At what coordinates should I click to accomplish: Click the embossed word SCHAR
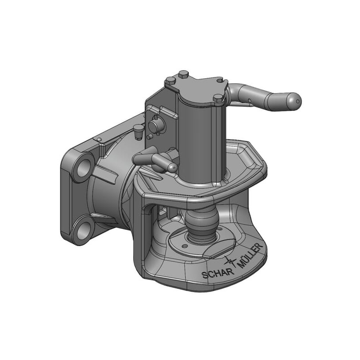(218, 273)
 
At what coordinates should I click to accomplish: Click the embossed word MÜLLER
(251, 255)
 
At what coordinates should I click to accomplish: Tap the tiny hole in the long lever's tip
(298, 101)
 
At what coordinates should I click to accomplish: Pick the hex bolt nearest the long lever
(218, 98)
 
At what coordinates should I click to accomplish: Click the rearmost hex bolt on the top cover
(184, 74)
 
